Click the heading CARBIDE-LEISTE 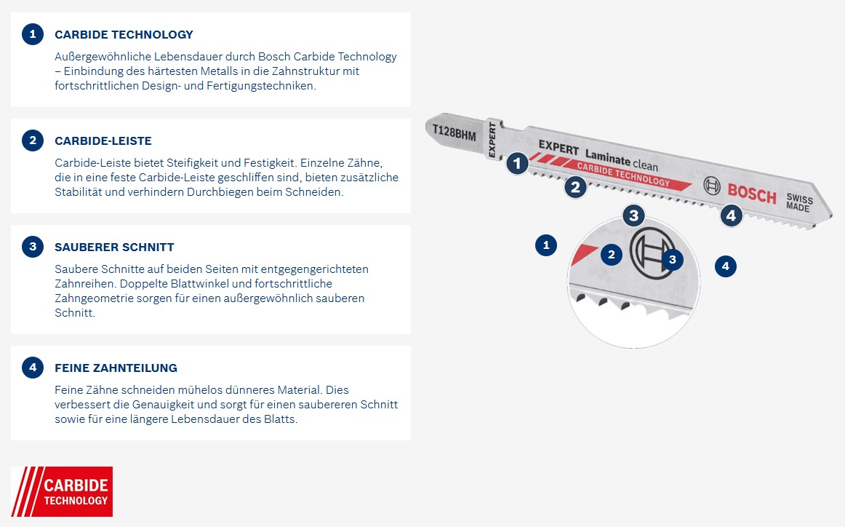click(103, 140)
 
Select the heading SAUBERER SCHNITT click(114, 247)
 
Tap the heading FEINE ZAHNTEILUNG click(116, 368)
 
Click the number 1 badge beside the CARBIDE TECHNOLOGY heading click(33, 34)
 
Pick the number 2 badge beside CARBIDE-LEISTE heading click(33, 140)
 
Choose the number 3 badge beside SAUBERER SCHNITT click(33, 247)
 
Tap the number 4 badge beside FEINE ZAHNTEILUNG click(33, 368)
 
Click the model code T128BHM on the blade click(454, 131)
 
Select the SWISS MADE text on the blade click(798, 203)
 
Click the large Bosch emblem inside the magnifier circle click(652, 254)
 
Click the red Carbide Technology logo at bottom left click(62, 491)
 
